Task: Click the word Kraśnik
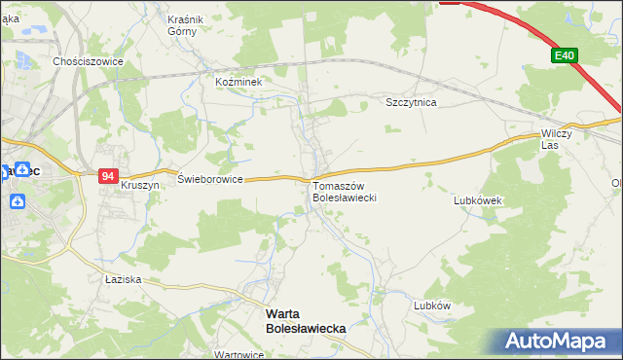click(x=184, y=19)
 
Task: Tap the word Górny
click(x=184, y=31)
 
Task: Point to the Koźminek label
click(x=239, y=83)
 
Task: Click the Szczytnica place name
click(x=411, y=102)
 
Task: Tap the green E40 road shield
click(x=565, y=56)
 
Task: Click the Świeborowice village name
click(x=210, y=179)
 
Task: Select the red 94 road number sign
click(x=108, y=176)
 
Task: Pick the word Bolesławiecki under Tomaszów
click(x=344, y=198)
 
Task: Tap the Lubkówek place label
click(x=477, y=200)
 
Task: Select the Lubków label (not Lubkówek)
click(x=432, y=305)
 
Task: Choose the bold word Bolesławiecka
click(x=306, y=329)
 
